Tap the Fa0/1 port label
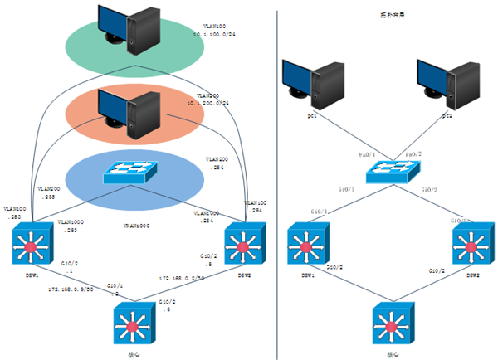tap(367, 154)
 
